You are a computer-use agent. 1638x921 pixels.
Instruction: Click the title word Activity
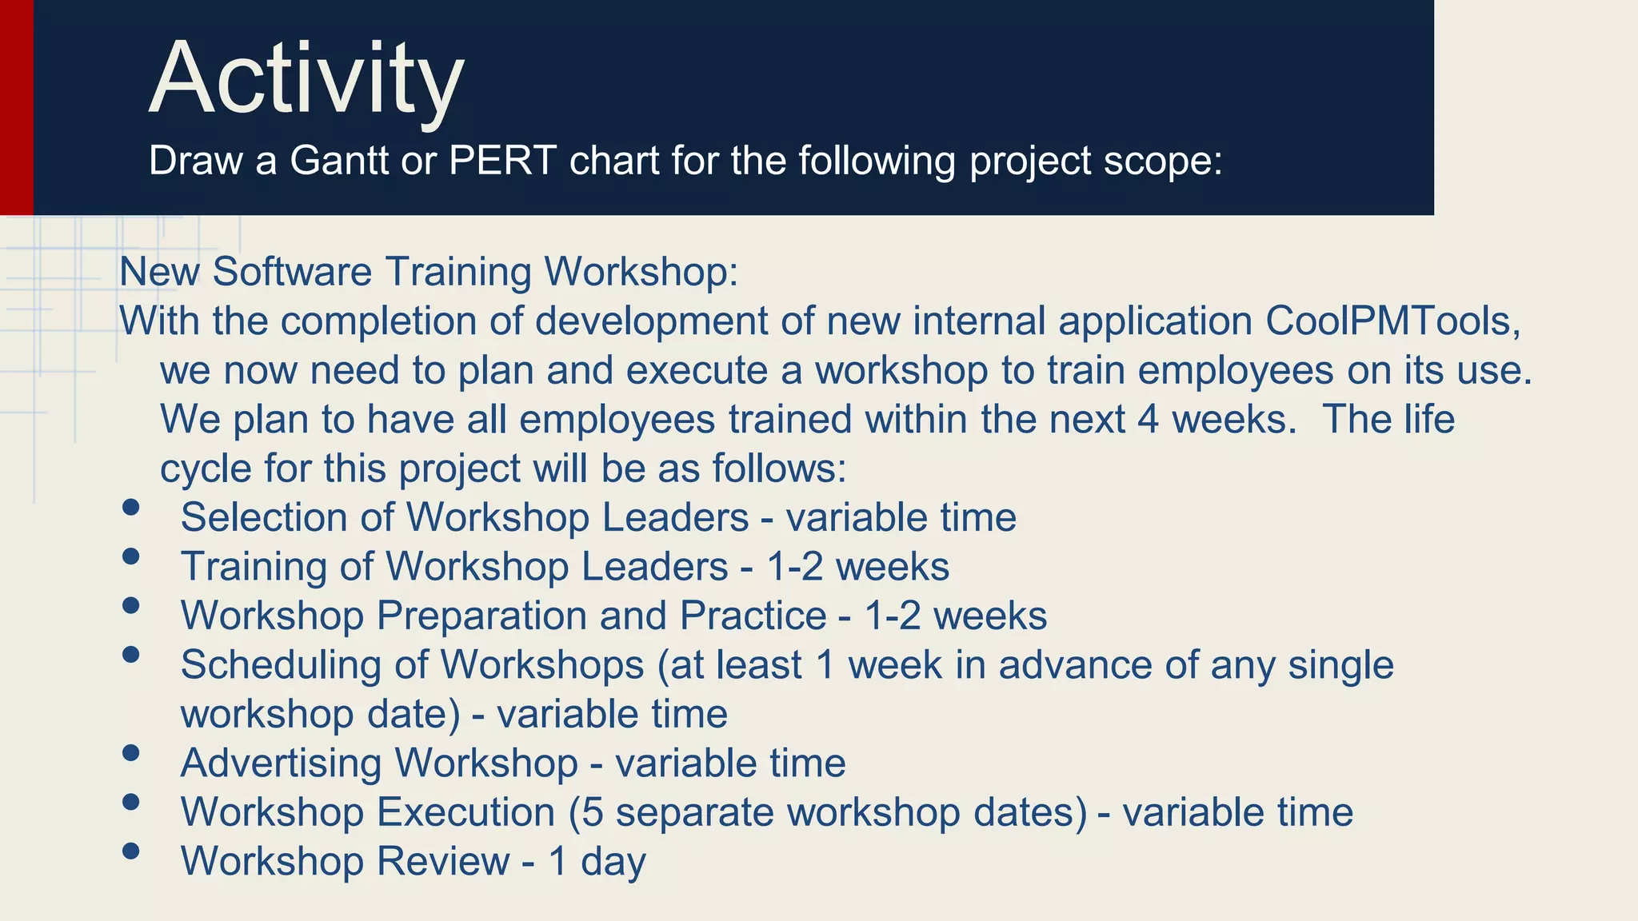pyautogui.click(x=306, y=80)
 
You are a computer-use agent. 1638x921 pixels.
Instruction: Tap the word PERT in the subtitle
pyautogui.click(x=502, y=161)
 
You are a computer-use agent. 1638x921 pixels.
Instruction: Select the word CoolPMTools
pyautogui.click(x=1392, y=321)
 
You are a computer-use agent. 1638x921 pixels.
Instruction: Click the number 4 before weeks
pyautogui.click(x=1148, y=420)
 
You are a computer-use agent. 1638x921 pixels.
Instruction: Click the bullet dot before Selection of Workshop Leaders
pyautogui.click(x=131, y=507)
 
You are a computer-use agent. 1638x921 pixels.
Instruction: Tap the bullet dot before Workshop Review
pyautogui.click(x=131, y=851)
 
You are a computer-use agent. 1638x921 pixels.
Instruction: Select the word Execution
pyautogui.click(x=465, y=812)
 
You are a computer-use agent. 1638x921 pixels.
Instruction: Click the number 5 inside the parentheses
pyautogui.click(x=593, y=812)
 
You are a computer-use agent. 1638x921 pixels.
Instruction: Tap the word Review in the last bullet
pyautogui.click(x=442, y=862)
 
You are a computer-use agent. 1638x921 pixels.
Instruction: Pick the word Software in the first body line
pyautogui.click(x=292, y=272)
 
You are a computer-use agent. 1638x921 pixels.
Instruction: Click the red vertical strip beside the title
pyautogui.click(x=16, y=107)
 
